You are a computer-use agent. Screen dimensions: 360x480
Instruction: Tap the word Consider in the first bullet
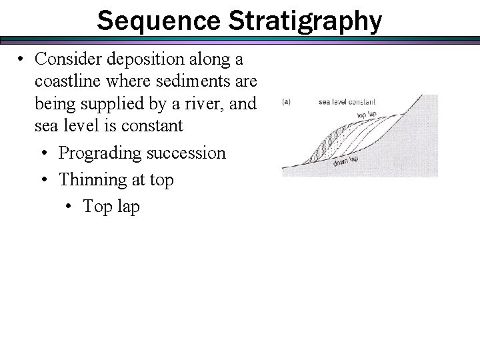[x=69, y=59]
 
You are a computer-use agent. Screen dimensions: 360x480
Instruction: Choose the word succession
[x=193, y=153]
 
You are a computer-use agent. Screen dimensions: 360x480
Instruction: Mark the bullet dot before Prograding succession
[x=43, y=153]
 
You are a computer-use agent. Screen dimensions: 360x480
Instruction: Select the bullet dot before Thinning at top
[x=43, y=179]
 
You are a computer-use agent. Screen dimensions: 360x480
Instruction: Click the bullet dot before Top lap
[x=69, y=206]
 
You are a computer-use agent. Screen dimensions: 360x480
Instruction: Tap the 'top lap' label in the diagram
[x=365, y=115]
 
